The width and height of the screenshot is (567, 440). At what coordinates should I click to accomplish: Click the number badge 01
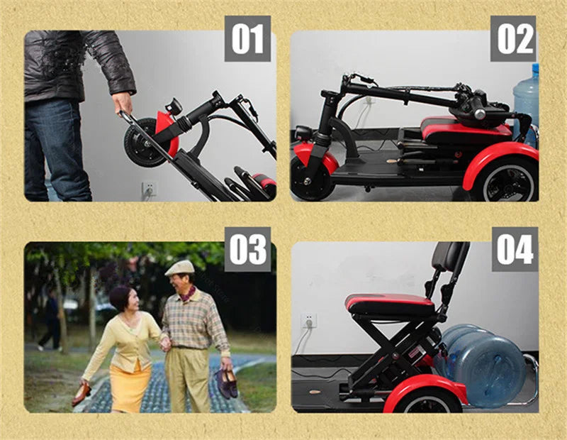247,39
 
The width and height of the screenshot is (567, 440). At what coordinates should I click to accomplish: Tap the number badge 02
513,39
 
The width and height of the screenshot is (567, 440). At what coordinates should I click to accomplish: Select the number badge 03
247,250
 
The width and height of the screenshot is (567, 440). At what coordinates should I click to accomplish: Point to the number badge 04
515,250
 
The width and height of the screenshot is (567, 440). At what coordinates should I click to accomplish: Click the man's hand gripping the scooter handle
123,102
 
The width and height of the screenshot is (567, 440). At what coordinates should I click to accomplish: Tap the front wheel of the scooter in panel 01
145,143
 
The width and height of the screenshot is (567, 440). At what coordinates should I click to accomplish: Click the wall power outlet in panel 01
150,188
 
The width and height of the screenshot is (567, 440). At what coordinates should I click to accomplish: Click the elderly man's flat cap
180,268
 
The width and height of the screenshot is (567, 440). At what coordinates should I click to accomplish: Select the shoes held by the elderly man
226,383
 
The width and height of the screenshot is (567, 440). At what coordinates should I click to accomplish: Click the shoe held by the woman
82,394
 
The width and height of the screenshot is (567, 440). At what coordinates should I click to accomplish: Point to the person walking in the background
51,320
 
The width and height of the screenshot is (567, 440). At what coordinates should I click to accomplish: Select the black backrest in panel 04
449,257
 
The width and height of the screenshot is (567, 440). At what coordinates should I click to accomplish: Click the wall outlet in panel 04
308,321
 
